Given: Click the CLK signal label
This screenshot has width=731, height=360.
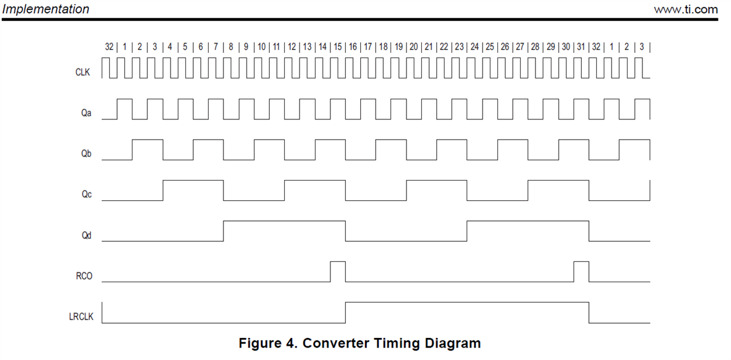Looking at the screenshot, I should click(x=83, y=72).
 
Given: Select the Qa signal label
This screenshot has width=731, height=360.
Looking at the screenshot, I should click(x=86, y=113).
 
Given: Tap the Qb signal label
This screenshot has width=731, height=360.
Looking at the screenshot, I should click(x=86, y=153).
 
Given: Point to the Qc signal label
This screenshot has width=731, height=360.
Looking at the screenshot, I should click(x=86, y=194).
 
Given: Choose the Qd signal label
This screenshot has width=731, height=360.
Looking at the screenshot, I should click(x=86, y=235).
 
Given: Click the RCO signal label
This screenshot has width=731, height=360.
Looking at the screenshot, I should click(x=84, y=276).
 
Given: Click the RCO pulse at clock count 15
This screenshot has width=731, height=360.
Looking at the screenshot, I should click(x=338, y=271).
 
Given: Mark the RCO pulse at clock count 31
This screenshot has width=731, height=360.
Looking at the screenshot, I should click(x=581, y=271).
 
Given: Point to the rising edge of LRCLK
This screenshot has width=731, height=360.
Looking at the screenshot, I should click(x=346, y=312).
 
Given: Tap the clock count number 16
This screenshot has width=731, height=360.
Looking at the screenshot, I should click(x=353, y=46).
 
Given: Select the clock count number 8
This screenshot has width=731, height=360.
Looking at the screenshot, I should click(x=231, y=46).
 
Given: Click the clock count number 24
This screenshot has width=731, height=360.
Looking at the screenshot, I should click(x=475, y=46).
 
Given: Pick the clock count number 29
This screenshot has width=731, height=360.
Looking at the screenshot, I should click(x=551, y=46).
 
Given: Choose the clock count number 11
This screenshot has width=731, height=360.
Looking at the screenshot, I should click(x=277, y=46).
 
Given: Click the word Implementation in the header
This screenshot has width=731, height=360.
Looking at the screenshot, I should click(x=46, y=10).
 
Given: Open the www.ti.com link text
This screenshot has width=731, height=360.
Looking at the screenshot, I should click(x=686, y=10).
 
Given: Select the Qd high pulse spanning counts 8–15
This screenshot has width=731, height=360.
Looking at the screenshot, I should click(x=284, y=222).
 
